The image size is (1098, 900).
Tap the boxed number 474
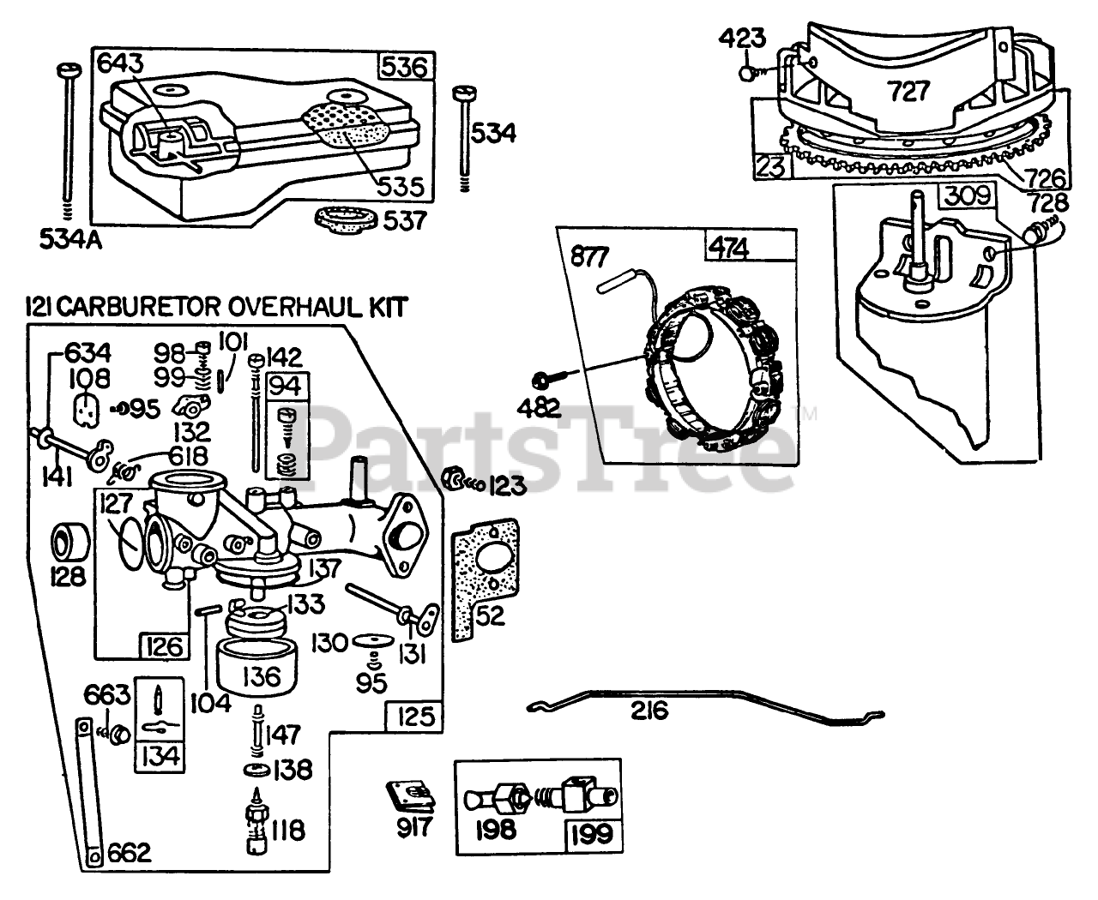[728, 249]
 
